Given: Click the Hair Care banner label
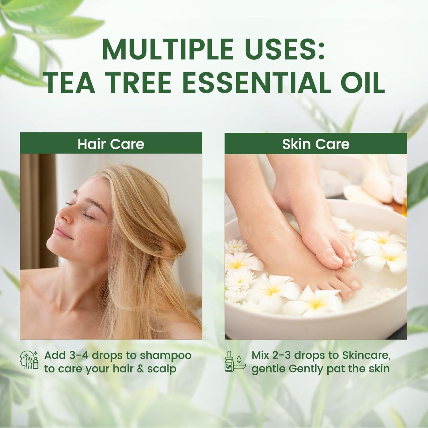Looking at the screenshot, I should point(111,144).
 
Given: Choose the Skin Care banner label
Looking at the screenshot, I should point(316,144).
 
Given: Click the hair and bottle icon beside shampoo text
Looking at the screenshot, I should point(29,360).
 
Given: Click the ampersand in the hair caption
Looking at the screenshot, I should point(140,369).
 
